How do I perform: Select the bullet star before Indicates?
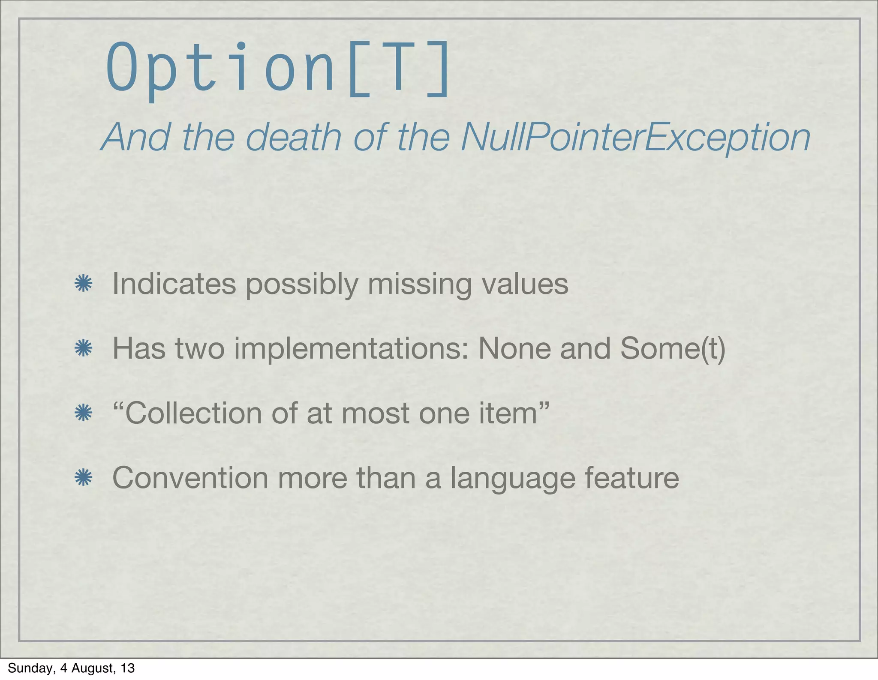click(x=83, y=284)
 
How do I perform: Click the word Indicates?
click(x=174, y=284)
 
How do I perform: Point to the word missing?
click(x=419, y=284)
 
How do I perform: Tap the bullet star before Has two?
click(x=83, y=348)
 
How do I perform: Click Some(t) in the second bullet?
click(x=672, y=348)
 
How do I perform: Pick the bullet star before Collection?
click(x=83, y=413)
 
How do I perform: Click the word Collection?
click(x=193, y=413)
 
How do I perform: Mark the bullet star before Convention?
click(x=83, y=478)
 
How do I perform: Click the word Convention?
click(x=190, y=478)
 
